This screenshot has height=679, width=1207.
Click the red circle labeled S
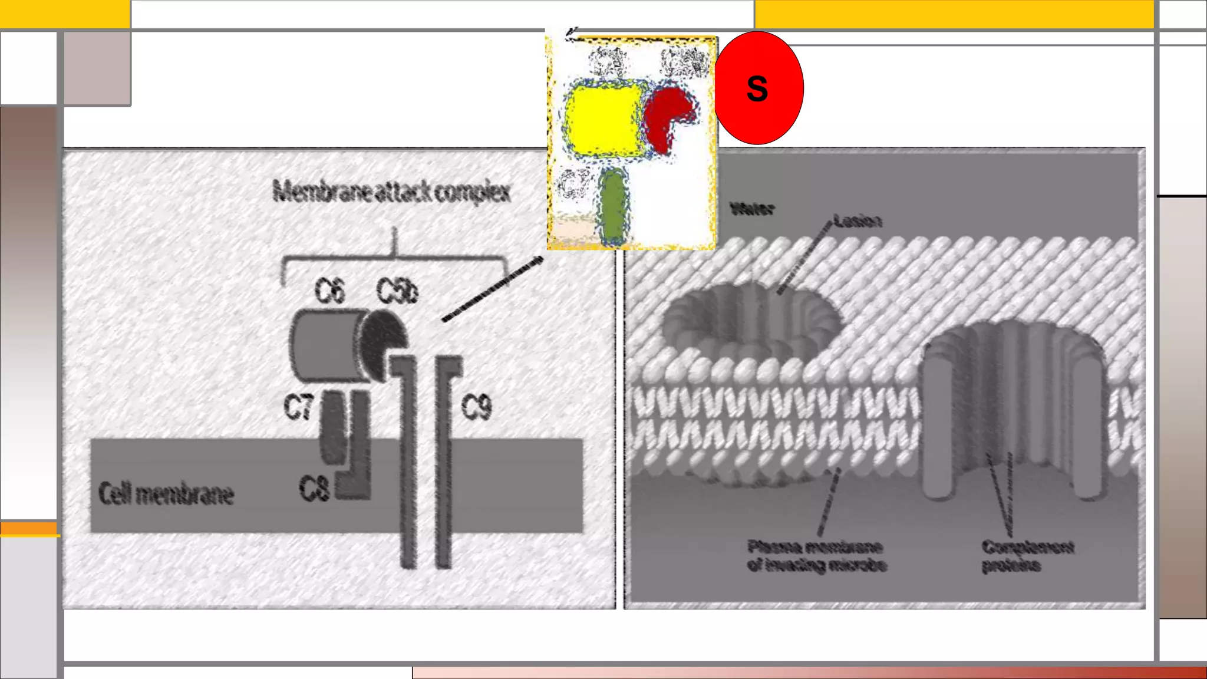pyautogui.click(x=758, y=88)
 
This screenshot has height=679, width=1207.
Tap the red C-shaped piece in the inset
pyautogui.click(x=666, y=115)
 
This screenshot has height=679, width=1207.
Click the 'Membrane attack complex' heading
pyautogui.click(x=391, y=192)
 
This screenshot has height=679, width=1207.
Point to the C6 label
pyautogui.click(x=329, y=291)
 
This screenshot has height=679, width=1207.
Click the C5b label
pyautogui.click(x=397, y=291)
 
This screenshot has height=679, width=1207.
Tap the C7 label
pyautogui.click(x=298, y=407)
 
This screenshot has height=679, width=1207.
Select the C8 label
pyautogui.click(x=314, y=489)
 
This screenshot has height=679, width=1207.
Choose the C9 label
pyautogui.click(x=476, y=407)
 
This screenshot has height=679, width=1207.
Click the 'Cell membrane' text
pyautogui.click(x=166, y=494)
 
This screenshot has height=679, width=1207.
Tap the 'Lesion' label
pyautogui.click(x=858, y=221)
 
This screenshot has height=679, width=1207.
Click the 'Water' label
pyautogui.click(x=752, y=209)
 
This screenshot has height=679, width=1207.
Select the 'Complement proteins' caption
pyautogui.click(x=1027, y=556)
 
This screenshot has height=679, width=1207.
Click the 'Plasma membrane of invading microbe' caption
pyautogui.click(x=816, y=556)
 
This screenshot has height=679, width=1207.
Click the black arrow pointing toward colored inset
pyautogui.click(x=493, y=289)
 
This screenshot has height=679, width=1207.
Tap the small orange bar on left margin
pyautogui.click(x=28, y=529)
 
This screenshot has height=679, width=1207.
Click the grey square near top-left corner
pyautogui.click(x=97, y=68)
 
